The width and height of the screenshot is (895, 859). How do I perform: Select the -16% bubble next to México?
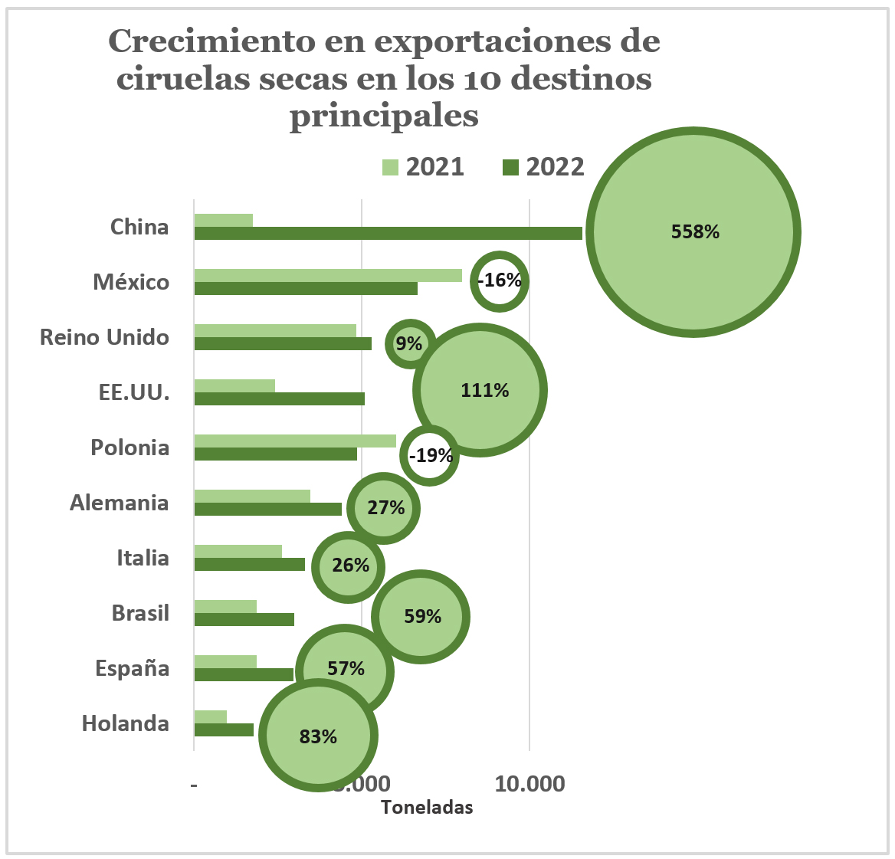tap(500, 280)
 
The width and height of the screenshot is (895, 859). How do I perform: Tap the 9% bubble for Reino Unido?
tap(409, 343)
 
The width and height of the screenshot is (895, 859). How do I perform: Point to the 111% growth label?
tap(484, 391)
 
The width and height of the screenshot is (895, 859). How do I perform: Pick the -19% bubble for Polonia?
tap(431, 456)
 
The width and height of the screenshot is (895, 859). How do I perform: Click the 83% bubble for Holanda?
tap(318, 736)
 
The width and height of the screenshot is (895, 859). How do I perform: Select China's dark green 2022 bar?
tap(388, 233)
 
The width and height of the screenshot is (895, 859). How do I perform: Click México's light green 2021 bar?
tap(328, 275)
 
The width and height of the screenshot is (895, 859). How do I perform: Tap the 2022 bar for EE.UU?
tap(279, 398)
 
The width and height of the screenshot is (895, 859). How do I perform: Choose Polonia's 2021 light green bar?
tap(295, 441)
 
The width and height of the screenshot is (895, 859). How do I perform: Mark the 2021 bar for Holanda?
tap(211, 716)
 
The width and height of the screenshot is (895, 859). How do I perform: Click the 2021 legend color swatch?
tap(391, 167)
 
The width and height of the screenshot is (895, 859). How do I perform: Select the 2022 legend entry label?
tap(555, 167)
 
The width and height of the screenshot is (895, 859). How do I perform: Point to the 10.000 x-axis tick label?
tap(529, 784)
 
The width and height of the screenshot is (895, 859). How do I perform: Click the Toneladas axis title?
tap(427, 807)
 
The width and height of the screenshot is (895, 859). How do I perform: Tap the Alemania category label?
tap(119, 503)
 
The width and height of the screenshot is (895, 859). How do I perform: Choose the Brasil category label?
tap(140, 613)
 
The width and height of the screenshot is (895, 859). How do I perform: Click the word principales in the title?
tap(384, 116)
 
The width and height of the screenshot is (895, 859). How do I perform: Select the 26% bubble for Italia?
tap(350, 566)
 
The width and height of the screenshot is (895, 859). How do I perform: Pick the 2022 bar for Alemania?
tap(267, 509)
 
